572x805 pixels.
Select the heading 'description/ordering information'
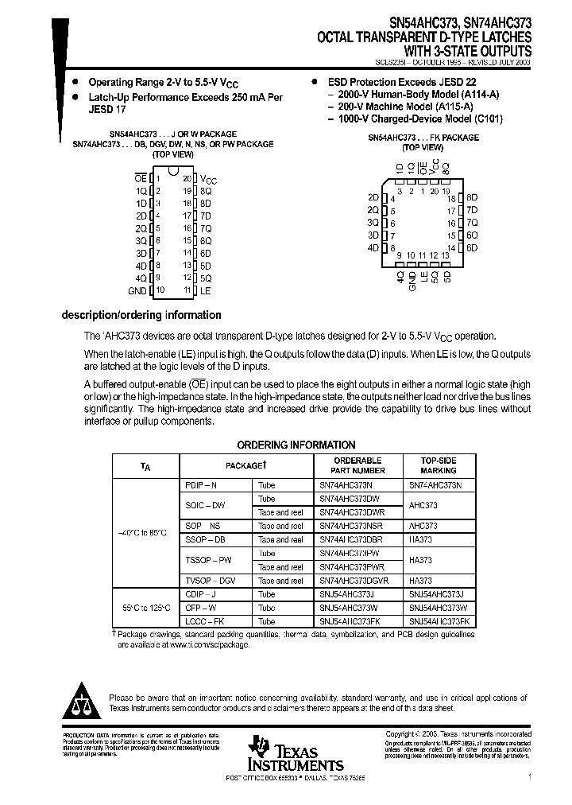pyautogui.click(x=141, y=315)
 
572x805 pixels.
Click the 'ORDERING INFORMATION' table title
pyautogui.click(x=296, y=445)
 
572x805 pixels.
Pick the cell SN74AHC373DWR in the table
pyautogui.click(x=351, y=512)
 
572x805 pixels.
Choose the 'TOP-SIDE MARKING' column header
pyautogui.click(x=439, y=465)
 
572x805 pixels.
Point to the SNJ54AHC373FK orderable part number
pyautogui.click(x=349, y=621)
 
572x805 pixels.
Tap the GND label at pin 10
pyautogui.click(x=138, y=291)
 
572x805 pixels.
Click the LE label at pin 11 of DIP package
pyautogui.click(x=206, y=291)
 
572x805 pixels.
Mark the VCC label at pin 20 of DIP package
pyautogui.click(x=207, y=179)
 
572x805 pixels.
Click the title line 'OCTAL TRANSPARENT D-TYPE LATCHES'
pyautogui.click(x=425, y=37)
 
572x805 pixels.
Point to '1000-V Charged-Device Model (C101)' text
pyautogui.click(x=420, y=119)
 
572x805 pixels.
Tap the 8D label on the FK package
pyautogui.click(x=471, y=197)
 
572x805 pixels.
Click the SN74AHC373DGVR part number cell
pyautogui.click(x=353, y=581)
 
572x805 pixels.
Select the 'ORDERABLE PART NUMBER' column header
pyautogui.click(x=357, y=465)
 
